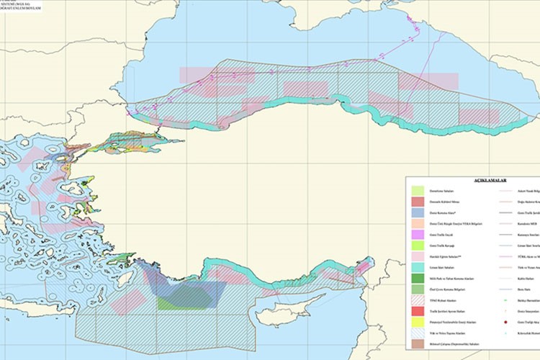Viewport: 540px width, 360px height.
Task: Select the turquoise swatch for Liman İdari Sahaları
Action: [x=418, y=266]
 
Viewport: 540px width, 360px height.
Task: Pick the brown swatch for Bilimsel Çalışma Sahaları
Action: [x=418, y=344]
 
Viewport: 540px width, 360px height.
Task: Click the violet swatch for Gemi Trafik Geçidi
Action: [x=418, y=234]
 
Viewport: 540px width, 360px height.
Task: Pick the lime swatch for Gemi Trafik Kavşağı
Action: [x=418, y=246]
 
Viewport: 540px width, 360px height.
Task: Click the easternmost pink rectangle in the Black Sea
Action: [x=479, y=116]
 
